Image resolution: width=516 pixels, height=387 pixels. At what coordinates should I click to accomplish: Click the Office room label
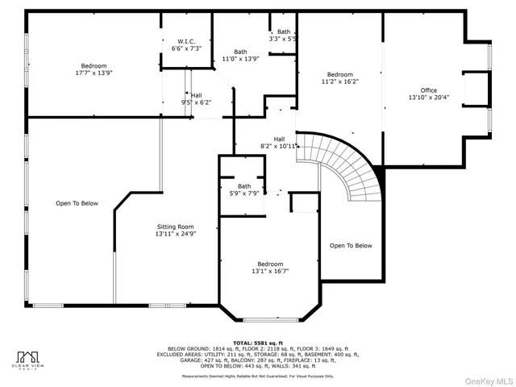click(x=428, y=90)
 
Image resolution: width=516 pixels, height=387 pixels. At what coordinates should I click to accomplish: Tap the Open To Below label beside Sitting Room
click(x=77, y=203)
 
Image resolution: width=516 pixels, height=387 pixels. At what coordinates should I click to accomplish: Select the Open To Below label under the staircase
click(x=351, y=245)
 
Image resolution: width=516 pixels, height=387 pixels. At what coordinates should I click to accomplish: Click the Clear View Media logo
click(x=30, y=360)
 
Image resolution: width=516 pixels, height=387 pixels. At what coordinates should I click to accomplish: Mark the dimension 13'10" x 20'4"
click(x=428, y=97)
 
